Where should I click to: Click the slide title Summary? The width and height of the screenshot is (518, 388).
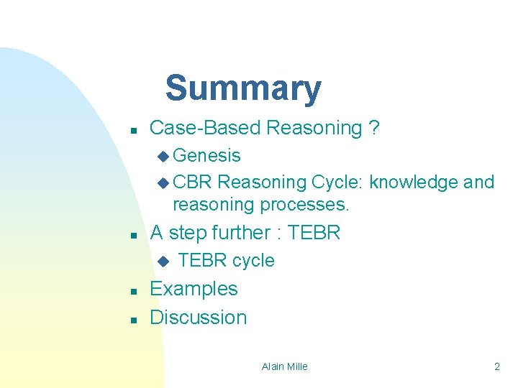click(x=242, y=88)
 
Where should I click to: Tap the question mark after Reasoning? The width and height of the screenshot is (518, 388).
click(x=373, y=129)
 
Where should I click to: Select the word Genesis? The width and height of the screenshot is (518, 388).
click(x=207, y=155)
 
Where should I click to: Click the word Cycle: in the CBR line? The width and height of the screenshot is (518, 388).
click(x=337, y=182)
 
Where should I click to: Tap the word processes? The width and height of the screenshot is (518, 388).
click(x=304, y=205)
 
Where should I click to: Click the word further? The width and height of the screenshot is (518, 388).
click(x=235, y=233)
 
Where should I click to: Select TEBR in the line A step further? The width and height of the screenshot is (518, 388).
click(x=314, y=233)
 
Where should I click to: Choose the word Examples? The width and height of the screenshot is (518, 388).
click(x=194, y=289)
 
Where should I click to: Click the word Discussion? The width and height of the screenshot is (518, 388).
click(x=198, y=317)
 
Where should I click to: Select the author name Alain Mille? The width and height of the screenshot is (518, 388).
click(x=284, y=366)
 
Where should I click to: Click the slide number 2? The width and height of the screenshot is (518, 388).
click(x=496, y=366)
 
